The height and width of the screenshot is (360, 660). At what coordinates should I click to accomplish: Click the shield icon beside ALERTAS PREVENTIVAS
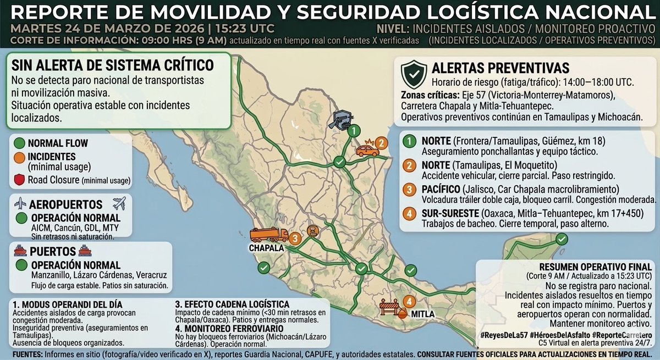click(414, 71)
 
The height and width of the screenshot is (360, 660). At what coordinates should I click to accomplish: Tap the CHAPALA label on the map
click(268, 248)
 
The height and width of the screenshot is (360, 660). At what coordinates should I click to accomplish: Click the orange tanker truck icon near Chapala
click(269, 235)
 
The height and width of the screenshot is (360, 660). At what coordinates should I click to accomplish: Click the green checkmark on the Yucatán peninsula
click(561, 239)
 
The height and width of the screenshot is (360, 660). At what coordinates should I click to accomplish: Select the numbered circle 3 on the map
click(295, 238)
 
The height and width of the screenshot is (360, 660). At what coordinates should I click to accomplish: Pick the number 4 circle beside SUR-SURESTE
click(410, 214)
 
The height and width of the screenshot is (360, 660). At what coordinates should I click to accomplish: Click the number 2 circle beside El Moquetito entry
click(410, 165)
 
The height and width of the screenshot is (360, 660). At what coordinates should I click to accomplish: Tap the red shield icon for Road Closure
click(20, 180)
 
